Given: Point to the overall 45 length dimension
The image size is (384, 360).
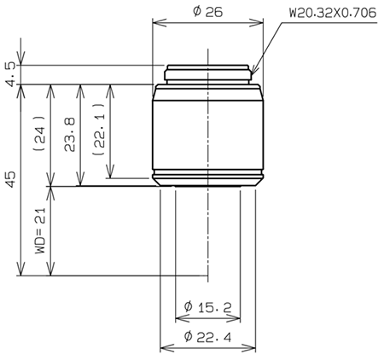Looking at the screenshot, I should pos(10,179).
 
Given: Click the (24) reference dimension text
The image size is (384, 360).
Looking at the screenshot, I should pos(37,135).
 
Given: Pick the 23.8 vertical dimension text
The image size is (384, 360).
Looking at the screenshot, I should pos(68,135).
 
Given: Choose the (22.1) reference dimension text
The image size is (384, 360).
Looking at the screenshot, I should pos(99,135).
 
